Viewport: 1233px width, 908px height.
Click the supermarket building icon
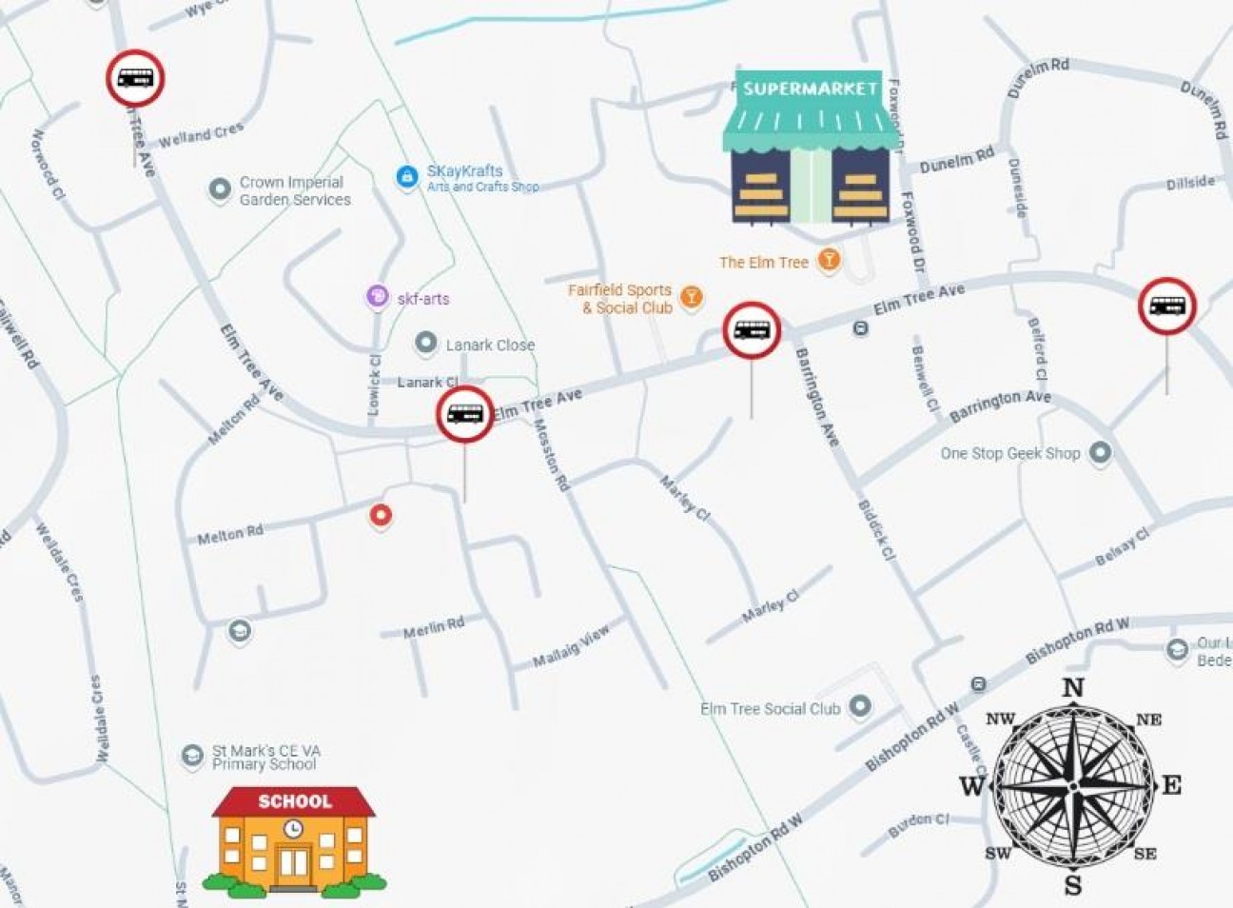[810, 148]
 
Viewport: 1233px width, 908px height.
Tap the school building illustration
[294, 842]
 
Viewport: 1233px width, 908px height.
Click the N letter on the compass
[1072, 687]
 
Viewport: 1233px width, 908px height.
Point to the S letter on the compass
[1073, 886]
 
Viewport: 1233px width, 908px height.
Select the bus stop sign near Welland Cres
[135, 78]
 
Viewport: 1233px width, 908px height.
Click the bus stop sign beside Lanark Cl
[465, 414]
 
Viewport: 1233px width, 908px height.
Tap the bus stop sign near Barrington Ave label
[753, 330]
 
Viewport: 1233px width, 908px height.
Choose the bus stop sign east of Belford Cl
[1167, 306]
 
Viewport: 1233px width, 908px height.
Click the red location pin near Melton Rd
[381, 515]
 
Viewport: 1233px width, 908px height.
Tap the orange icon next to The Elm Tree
[830, 260]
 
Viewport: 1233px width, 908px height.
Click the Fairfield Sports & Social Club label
[620, 299]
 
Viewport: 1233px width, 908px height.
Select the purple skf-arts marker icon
[378, 298]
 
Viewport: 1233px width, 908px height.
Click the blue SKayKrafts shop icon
[407, 176]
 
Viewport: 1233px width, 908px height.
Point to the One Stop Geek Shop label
[1010, 454]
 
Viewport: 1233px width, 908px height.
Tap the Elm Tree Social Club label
[771, 708]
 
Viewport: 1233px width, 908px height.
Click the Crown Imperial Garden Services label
[295, 190]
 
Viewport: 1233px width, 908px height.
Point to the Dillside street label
[1190, 183]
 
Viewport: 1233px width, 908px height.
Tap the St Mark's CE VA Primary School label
[265, 757]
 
